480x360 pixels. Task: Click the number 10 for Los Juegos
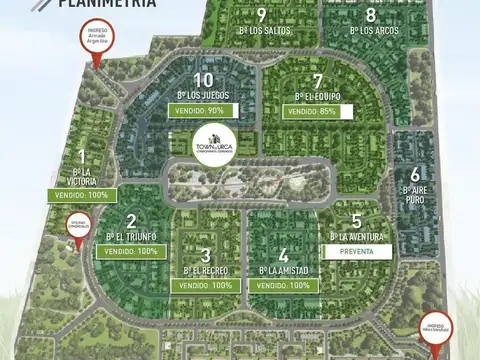pos(203,80)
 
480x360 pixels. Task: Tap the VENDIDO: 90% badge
pos(203,110)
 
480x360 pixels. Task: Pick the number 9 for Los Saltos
pos(261,15)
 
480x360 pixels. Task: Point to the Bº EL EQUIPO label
pos(317,96)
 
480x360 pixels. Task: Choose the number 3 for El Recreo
pos(206,255)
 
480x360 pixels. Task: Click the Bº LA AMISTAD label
pos(284,270)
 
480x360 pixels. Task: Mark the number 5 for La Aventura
pos(356,221)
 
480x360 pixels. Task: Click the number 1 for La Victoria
pos(81,157)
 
